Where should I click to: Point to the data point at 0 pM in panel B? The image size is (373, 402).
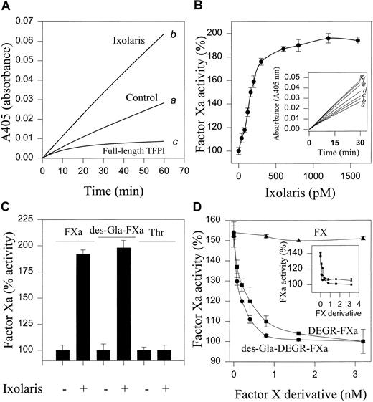click(x=239, y=151)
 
